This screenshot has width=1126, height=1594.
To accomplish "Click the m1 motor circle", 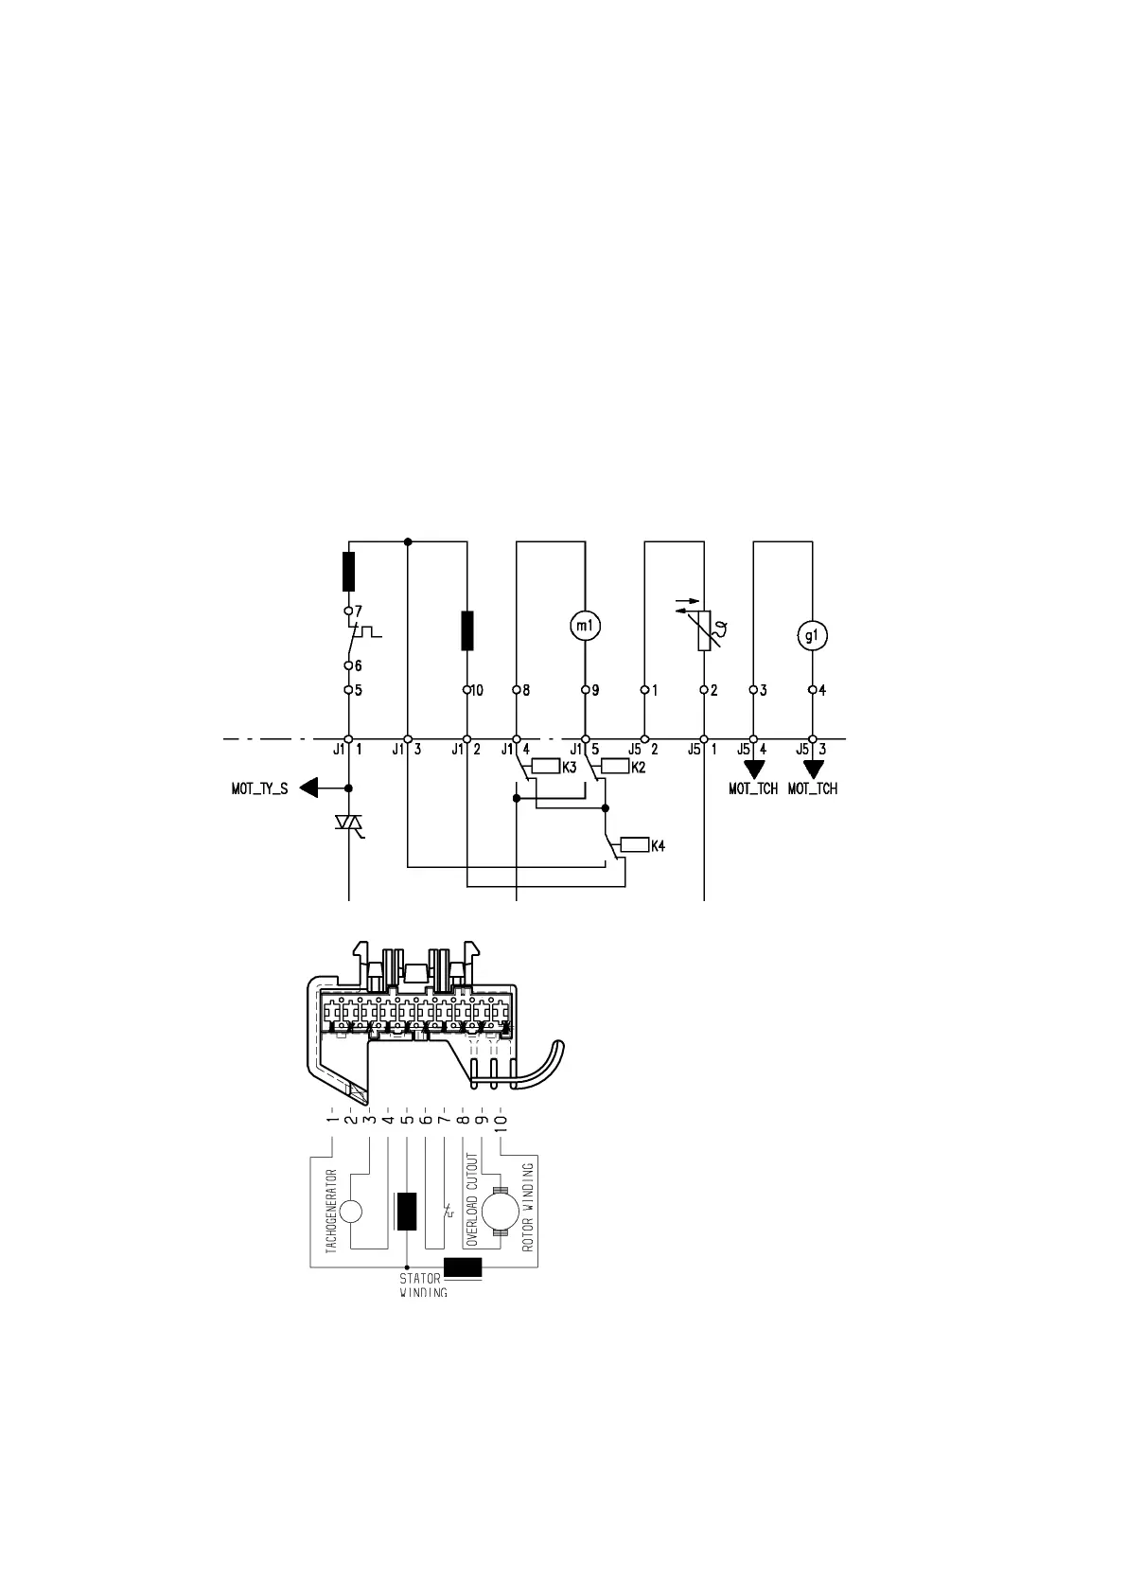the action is pyautogui.click(x=585, y=626).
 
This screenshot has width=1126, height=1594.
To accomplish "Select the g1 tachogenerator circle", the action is pyautogui.click(x=812, y=636).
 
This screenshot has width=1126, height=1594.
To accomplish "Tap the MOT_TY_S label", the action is pyautogui.click(x=259, y=788).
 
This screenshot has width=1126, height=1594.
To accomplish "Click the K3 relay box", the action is pyautogui.click(x=546, y=767).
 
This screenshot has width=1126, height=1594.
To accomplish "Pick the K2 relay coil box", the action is pyautogui.click(x=615, y=767).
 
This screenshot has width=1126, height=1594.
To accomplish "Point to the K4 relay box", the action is pyautogui.click(x=633, y=845).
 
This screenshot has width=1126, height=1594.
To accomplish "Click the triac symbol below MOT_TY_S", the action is pyautogui.click(x=349, y=824).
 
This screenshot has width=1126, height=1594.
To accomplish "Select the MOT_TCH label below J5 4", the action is pyautogui.click(x=753, y=788).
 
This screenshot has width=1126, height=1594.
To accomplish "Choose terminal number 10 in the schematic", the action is pyautogui.click(x=477, y=690).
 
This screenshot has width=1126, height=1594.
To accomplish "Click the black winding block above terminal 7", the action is pyautogui.click(x=349, y=571).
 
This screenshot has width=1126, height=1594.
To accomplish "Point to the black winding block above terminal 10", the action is pyautogui.click(x=466, y=630).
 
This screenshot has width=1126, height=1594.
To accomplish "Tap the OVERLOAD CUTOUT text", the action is pyautogui.click(x=469, y=1198).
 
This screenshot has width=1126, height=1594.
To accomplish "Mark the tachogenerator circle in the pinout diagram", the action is pyautogui.click(x=350, y=1211).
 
